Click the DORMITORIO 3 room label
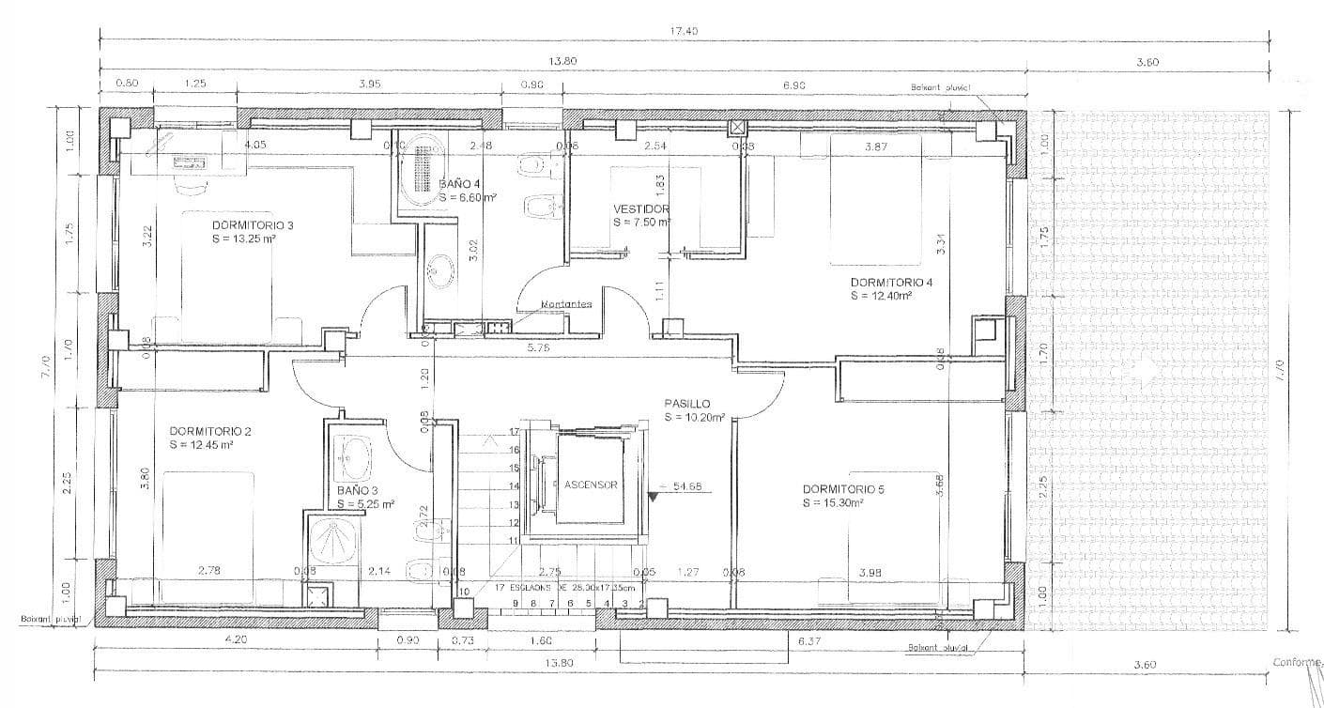tap(253, 225)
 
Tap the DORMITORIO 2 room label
tap(210, 431)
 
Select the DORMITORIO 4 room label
tap(891, 283)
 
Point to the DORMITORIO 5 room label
tap(843, 489)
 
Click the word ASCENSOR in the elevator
tap(591, 485)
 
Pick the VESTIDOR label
tap(641, 209)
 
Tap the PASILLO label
tap(687, 403)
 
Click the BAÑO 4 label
tap(461, 185)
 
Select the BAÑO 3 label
tap(357, 490)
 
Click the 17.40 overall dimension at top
tap(683, 31)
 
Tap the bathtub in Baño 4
tap(416, 170)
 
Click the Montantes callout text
tap(566, 304)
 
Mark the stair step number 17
tap(514, 432)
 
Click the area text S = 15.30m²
tap(834, 503)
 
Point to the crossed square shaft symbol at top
tap(738, 127)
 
